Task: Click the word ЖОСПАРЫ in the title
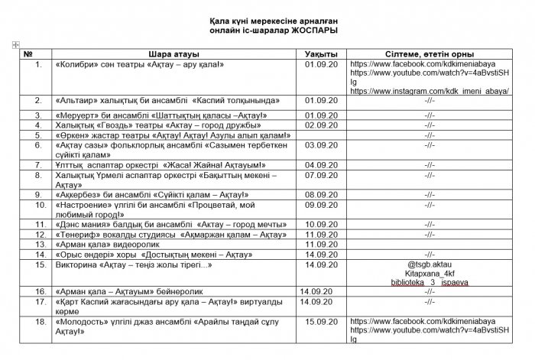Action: pyautogui.click(x=315, y=29)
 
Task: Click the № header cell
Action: pyautogui.click(x=28, y=55)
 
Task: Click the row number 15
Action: pyautogui.click(x=37, y=264)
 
